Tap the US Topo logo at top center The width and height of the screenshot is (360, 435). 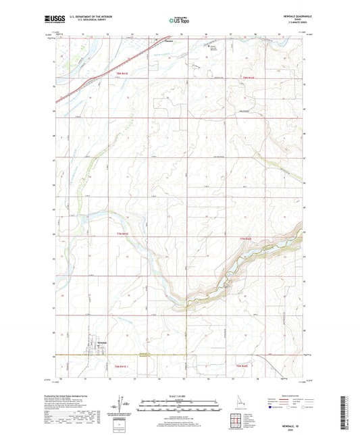point(179,21)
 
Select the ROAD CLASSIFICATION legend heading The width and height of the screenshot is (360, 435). point(287,394)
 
